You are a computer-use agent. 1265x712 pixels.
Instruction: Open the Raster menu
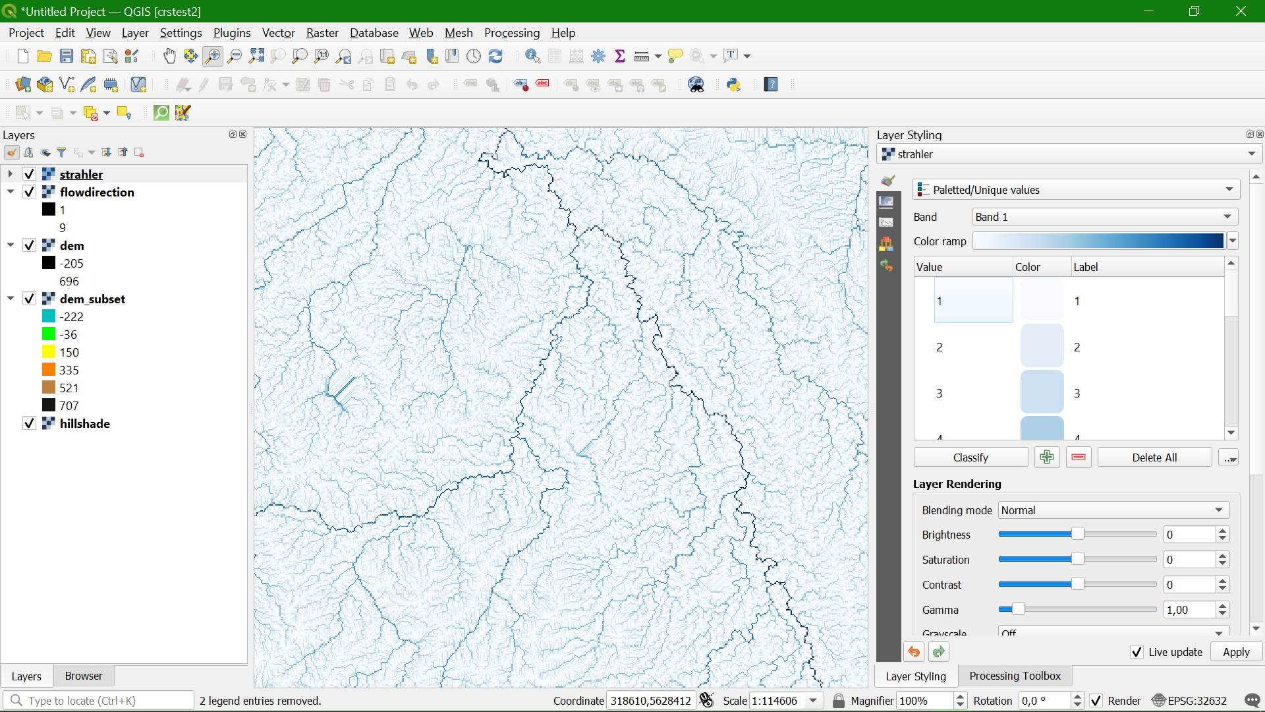tap(322, 33)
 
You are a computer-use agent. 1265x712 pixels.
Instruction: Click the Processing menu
tap(511, 33)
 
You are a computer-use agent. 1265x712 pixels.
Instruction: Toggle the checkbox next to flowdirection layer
tap(29, 192)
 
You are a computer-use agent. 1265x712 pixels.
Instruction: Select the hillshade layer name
tap(84, 423)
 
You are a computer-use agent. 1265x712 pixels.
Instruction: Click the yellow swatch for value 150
tap(49, 352)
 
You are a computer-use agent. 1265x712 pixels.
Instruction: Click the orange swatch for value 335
tap(49, 370)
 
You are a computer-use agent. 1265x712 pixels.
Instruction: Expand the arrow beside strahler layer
tap(11, 174)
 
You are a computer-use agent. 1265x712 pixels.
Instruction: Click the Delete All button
tap(1154, 458)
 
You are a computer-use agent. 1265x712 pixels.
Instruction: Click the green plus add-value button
tap(1047, 457)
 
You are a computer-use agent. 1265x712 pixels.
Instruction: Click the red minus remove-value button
tap(1079, 457)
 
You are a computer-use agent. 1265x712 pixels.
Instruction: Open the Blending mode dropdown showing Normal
tap(1113, 510)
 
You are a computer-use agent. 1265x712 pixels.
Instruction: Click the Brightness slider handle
tap(1077, 534)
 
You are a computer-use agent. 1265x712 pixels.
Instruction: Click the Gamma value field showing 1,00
tap(1189, 610)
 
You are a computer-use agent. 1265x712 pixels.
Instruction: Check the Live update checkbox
tap(1137, 652)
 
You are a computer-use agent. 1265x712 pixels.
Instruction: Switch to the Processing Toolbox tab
tap(1015, 676)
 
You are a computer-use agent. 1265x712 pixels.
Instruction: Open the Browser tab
tap(84, 676)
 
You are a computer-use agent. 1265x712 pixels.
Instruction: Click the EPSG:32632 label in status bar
tap(1196, 701)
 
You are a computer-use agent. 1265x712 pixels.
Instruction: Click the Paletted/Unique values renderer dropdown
tap(1075, 190)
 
